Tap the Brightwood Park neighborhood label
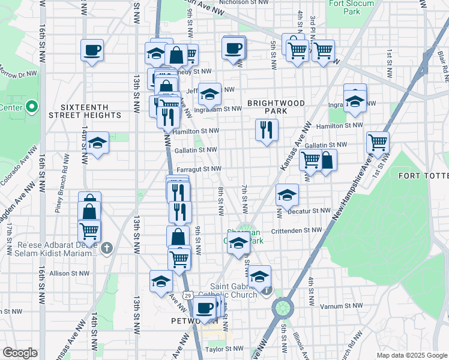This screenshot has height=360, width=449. click(x=276, y=107)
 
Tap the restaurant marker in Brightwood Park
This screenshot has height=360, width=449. click(x=266, y=130)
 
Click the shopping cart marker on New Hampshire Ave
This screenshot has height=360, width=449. click(x=378, y=143)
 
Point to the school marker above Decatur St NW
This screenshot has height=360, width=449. click(x=288, y=196)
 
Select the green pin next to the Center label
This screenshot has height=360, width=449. click(x=32, y=108)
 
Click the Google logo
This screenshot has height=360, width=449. click(x=20, y=353)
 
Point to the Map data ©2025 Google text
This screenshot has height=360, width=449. click(x=412, y=355)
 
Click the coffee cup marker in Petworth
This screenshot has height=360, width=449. click(x=205, y=308)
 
